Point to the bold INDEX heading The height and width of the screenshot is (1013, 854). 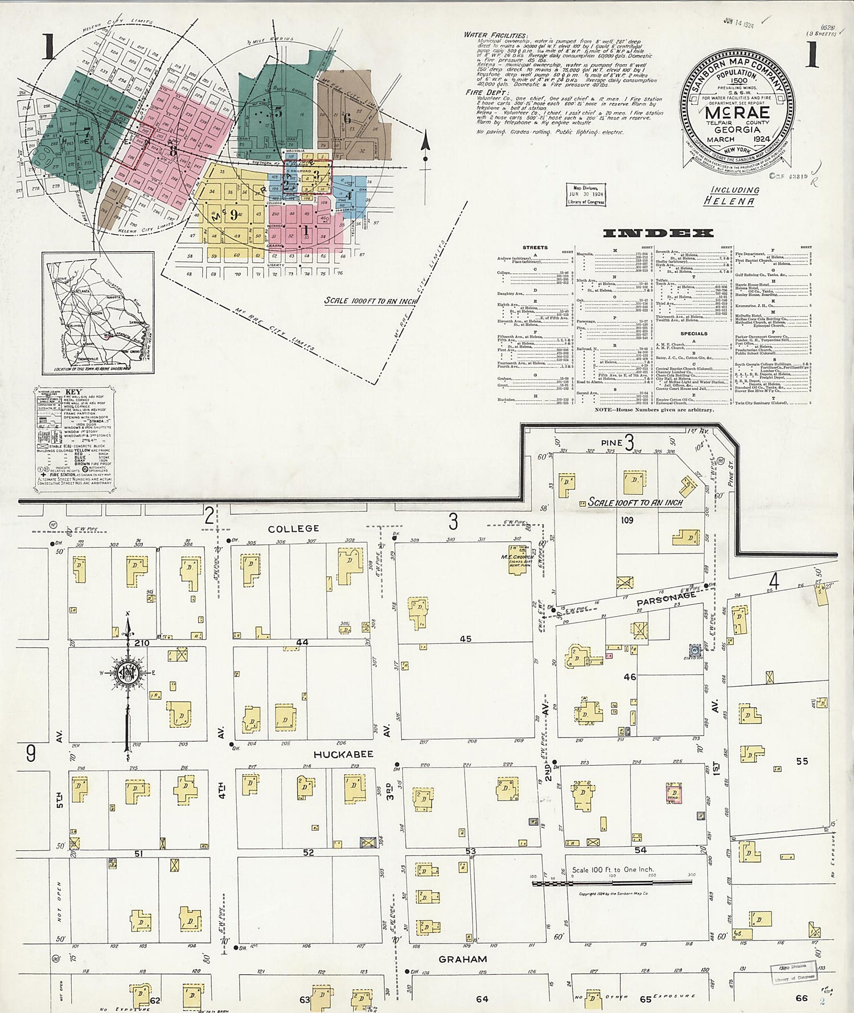click(658, 233)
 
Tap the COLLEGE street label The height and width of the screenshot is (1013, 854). click(294, 529)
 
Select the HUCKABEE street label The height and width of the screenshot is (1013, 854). click(343, 754)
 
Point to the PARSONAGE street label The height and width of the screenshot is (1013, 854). click(666, 598)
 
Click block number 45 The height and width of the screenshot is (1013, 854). click(466, 639)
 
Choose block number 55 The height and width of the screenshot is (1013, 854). click(802, 761)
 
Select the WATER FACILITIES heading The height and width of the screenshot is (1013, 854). click(488, 35)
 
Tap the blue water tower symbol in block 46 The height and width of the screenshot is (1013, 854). click(695, 650)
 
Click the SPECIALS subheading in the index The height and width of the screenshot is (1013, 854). click(693, 333)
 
